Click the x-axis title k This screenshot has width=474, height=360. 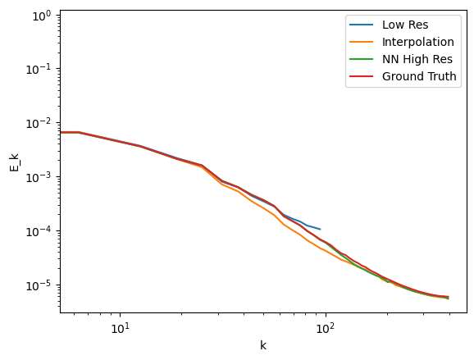(x=263, y=346)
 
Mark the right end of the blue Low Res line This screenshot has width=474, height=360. (x=321, y=229)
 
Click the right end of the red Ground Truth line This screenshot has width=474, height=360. (x=448, y=297)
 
